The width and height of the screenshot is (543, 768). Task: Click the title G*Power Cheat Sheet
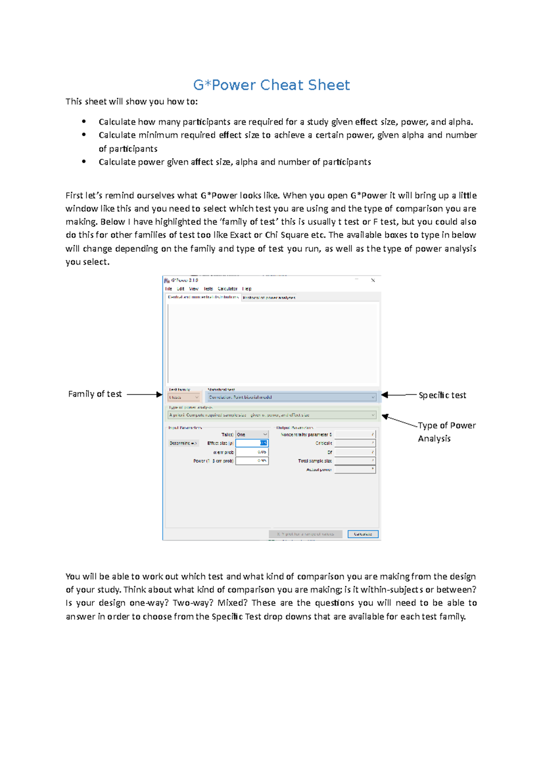tap(271, 85)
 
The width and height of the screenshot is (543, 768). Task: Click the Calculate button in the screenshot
tap(362, 534)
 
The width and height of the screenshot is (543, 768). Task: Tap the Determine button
tap(183, 443)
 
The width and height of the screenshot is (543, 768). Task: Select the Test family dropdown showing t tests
tap(184, 397)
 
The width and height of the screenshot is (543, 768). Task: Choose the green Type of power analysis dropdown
tap(271, 415)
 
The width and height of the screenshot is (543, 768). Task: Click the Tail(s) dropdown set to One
tap(252, 434)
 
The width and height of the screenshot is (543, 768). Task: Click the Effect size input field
tap(252, 443)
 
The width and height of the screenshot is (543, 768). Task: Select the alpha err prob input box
tap(252, 452)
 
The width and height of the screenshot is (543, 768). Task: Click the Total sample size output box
tap(355, 461)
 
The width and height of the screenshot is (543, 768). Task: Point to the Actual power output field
tap(355, 469)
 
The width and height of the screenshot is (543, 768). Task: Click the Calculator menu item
tap(227, 289)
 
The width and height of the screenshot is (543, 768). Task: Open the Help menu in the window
tap(247, 289)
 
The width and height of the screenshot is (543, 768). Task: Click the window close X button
tap(373, 280)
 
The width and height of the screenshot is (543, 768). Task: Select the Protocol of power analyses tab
tap(269, 298)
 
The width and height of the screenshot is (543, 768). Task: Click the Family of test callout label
tap(95, 394)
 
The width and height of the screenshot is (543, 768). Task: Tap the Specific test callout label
tap(442, 395)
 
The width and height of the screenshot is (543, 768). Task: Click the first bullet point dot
tap(84, 121)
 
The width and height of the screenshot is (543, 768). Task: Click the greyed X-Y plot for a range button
tap(305, 534)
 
